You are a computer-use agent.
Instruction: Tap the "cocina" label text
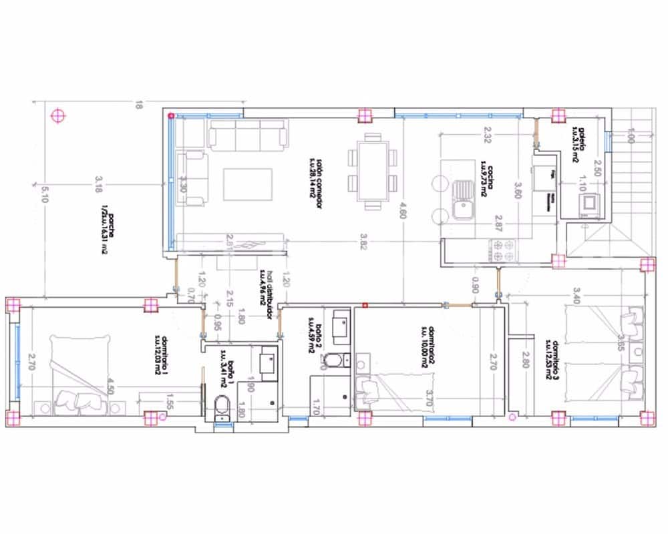pos(486,179)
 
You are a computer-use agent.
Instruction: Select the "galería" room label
pos(578,141)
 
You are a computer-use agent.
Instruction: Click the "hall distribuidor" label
pos(266,294)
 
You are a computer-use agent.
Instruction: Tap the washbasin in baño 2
pos(340,326)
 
